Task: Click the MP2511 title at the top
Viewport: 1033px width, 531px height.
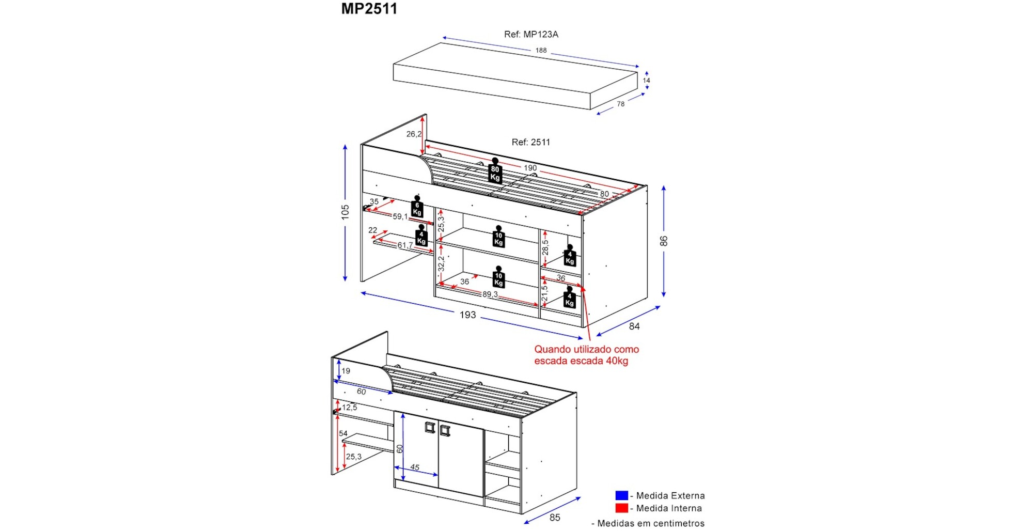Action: click(369, 9)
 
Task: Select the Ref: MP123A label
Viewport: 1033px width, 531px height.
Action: click(531, 35)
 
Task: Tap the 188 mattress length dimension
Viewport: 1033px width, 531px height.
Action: click(541, 51)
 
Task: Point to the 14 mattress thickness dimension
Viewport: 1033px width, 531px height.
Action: click(646, 81)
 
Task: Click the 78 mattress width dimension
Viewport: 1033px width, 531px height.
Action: click(620, 104)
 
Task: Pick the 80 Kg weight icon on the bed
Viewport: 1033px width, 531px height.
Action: click(495, 170)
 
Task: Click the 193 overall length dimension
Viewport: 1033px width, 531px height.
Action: click(467, 315)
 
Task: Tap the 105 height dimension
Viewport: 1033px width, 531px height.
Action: click(345, 212)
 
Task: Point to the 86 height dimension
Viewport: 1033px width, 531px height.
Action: click(664, 241)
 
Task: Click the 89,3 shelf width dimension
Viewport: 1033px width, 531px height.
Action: click(490, 294)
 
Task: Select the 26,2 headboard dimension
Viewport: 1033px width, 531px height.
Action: click(414, 134)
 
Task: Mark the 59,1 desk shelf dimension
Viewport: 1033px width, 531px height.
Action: click(400, 216)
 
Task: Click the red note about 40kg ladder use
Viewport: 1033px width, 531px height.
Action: click(586, 355)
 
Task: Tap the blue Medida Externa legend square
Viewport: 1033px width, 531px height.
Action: click(621, 495)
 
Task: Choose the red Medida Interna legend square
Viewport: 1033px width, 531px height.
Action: click(621, 508)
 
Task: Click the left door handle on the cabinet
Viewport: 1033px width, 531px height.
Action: click(430, 427)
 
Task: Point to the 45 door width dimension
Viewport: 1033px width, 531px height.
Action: click(415, 467)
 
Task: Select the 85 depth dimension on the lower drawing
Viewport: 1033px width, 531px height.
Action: click(555, 518)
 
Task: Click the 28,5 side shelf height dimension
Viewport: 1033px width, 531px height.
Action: click(545, 247)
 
